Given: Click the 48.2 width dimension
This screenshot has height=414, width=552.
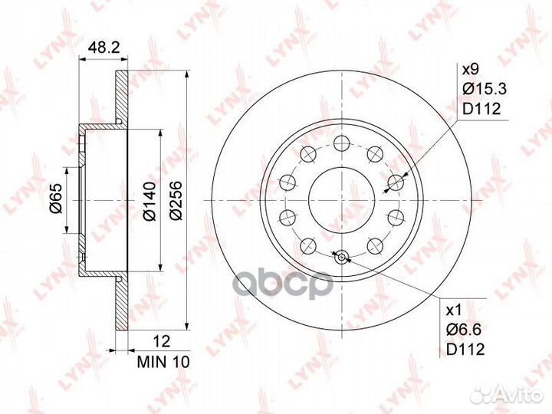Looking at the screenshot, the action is tap(103, 47).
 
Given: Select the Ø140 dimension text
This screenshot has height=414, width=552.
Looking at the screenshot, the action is tap(149, 201).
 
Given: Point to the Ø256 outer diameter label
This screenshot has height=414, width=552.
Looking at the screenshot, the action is tap(176, 201).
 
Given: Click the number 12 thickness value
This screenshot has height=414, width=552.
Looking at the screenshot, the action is tap(162, 341).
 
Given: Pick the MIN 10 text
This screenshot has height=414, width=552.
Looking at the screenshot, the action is tap(163, 362).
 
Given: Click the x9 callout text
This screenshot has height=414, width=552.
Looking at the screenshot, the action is tap(470, 69).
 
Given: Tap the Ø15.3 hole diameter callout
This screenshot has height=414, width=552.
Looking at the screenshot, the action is tap(485, 89).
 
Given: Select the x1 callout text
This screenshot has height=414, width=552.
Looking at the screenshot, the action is tap(453, 310).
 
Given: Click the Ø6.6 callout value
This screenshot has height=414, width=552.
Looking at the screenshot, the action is tap(464, 330).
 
